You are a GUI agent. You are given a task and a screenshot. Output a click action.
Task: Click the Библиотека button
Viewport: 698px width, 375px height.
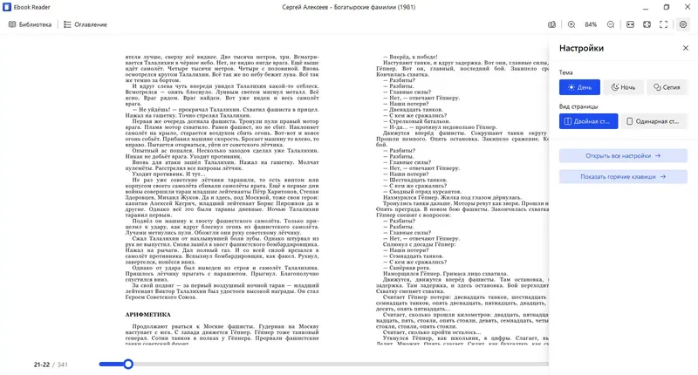[x=30, y=24]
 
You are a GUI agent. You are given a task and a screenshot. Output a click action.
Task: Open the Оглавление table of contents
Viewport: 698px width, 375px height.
[x=85, y=24]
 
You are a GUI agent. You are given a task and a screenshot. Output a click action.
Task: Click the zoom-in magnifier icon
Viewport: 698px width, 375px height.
[x=571, y=24]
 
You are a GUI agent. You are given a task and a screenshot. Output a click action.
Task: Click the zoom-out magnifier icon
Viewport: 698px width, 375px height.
[x=611, y=24]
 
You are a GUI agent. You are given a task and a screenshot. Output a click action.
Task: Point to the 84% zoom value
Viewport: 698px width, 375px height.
[x=591, y=24]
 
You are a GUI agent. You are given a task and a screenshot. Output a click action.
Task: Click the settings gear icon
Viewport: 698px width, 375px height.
[x=683, y=24]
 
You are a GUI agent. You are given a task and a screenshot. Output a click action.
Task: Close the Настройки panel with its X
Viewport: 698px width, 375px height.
[x=686, y=49]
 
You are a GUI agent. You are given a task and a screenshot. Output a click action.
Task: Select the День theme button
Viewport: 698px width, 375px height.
[x=579, y=87]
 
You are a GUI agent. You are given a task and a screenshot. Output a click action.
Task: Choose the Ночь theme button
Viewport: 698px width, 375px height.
[x=623, y=87]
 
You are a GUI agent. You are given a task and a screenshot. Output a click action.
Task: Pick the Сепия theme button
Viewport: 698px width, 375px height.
[x=667, y=87]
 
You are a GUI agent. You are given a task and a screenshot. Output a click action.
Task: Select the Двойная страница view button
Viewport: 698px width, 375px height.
[x=589, y=121]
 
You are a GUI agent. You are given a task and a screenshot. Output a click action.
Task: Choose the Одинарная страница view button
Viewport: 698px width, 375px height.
[x=654, y=121]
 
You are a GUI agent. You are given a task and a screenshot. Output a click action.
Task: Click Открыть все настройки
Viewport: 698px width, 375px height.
[x=623, y=155]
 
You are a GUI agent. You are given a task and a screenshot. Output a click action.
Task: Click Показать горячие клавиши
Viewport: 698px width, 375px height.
[x=623, y=176]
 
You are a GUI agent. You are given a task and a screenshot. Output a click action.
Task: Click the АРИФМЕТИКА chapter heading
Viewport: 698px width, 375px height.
[x=148, y=314]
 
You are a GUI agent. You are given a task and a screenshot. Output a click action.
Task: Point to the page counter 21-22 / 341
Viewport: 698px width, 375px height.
[x=51, y=364]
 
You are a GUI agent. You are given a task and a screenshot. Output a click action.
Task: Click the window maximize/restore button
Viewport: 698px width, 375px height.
[x=665, y=7]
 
